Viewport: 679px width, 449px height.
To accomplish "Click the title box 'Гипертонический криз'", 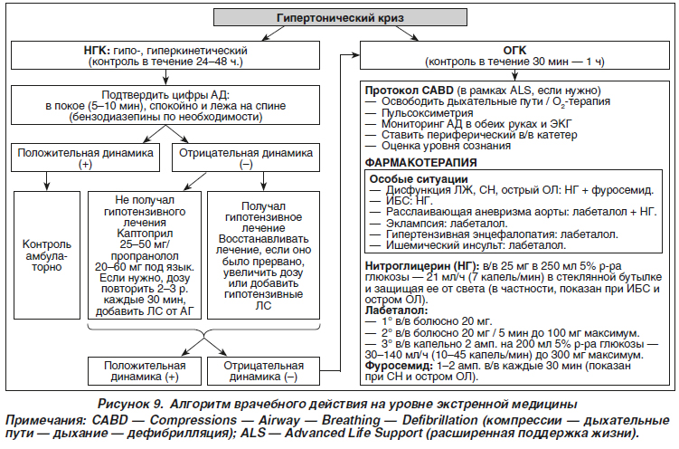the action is coord(340,18).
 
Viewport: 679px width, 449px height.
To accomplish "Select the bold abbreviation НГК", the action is coord(97,51).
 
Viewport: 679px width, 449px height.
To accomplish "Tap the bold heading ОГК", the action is coord(514,51).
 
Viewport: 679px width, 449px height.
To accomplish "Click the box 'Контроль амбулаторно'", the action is coord(47,255).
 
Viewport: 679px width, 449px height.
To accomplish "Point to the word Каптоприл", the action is coord(145,234).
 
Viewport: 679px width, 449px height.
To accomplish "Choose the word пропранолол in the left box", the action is coord(145,256).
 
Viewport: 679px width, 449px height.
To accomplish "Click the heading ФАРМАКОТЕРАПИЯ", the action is coord(420,163).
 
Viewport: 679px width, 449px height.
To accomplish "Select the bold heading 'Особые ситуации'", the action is coord(419,179).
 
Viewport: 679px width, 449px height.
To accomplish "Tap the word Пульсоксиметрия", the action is coord(427,112).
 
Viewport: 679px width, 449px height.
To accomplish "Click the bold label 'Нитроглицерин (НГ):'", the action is coord(422,265).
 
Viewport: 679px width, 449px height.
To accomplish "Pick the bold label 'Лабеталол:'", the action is coord(396,310).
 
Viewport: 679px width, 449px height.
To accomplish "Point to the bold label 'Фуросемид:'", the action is coord(399,366).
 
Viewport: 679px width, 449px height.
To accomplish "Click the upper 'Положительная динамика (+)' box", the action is coord(85,158).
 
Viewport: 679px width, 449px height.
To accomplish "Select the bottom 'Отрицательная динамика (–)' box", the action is coord(263,371).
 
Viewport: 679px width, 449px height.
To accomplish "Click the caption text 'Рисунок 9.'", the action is coord(130,404).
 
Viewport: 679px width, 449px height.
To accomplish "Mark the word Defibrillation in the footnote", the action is coord(440,420).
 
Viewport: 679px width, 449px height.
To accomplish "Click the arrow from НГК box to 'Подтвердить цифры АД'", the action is coord(165,77).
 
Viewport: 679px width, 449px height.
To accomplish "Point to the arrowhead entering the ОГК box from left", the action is coord(356,55).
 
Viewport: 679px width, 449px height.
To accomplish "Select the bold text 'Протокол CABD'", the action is coord(409,91).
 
